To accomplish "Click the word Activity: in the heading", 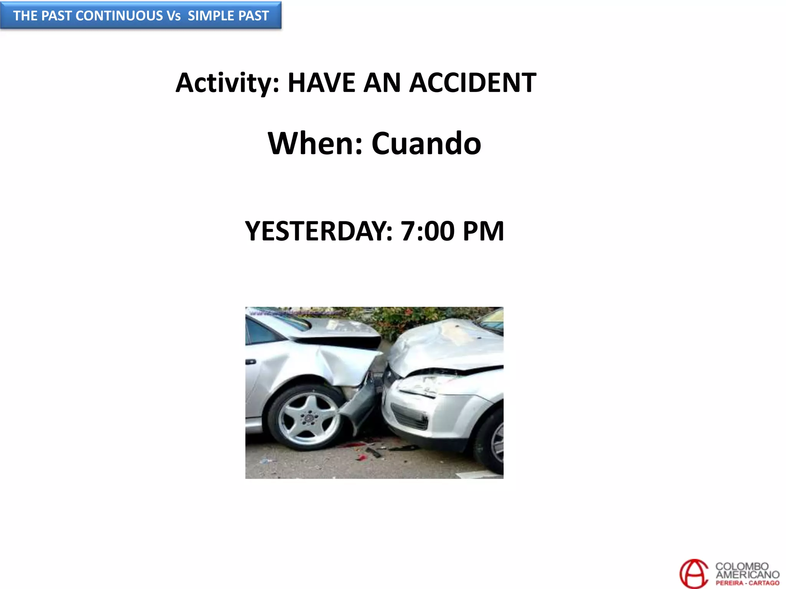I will click(x=227, y=83).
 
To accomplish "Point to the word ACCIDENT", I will click(x=472, y=83).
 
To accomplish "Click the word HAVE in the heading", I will click(x=321, y=83).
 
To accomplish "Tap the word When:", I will click(x=315, y=143).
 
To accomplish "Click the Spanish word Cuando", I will click(x=426, y=143).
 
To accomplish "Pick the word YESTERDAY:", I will click(x=319, y=231).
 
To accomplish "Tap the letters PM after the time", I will click(x=483, y=231).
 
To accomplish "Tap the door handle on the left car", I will click(x=251, y=362).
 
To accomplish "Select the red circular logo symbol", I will click(x=694, y=574).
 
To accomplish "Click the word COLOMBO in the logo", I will click(x=741, y=566).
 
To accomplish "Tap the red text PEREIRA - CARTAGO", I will click(x=747, y=583).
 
